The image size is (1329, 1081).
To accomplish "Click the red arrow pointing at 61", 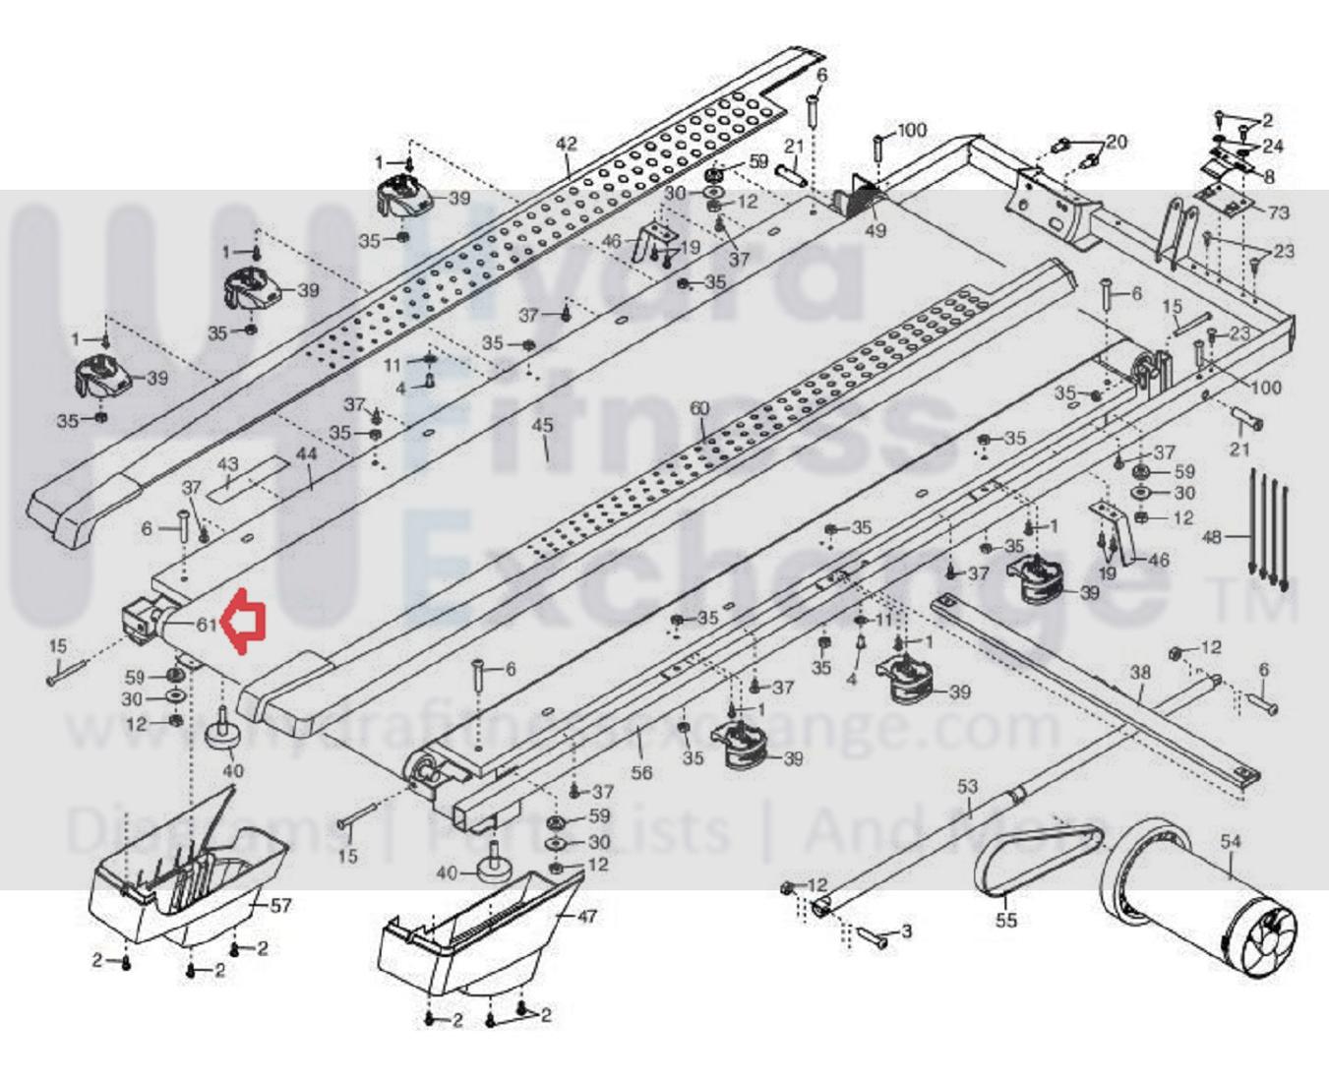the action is (242, 622).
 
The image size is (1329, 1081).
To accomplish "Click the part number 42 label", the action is (567, 144).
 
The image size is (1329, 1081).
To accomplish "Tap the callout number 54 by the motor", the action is (1231, 841).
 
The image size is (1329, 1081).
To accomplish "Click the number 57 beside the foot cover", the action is (280, 904).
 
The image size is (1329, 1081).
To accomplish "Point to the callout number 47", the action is (586, 916).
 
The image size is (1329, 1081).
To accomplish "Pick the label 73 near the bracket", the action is (1278, 212).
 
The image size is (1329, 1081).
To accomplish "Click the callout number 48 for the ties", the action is (1213, 537).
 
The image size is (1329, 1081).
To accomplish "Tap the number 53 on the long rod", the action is (968, 786).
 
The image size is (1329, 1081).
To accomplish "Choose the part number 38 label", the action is (1140, 674).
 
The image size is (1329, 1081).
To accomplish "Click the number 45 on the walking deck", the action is (542, 426).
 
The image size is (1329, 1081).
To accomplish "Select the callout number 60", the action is (699, 408).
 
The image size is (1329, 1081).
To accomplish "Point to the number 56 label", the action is (641, 772).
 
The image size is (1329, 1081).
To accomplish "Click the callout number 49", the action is (875, 230).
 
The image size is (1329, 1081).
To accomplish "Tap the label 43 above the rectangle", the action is (227, 464).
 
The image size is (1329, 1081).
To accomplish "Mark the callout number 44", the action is (306, 454).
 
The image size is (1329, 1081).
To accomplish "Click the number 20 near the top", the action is (1117, 142).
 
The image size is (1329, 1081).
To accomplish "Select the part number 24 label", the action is (1273, 147).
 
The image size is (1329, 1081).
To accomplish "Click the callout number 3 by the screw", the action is (906, 931).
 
